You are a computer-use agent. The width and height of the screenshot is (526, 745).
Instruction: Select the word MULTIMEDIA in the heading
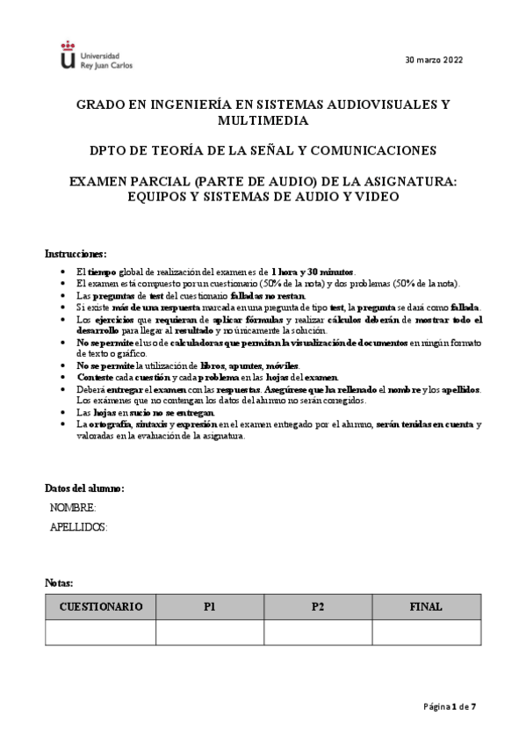(x=263, y=119)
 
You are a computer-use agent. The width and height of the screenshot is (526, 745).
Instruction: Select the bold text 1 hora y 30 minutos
(x=313, y=271)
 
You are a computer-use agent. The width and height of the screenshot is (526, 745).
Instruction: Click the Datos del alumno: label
(x=84, y=488)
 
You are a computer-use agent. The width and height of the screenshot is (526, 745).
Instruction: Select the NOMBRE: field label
(x=73, y=508)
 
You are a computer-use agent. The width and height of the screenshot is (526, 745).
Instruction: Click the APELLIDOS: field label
(x=78, y=526)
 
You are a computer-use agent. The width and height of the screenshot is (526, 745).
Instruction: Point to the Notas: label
(x=60, y=582)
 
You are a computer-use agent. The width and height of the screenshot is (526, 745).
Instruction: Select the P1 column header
(x=210, y=606)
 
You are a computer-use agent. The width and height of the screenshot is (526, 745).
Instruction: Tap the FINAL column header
(x=426, y=606)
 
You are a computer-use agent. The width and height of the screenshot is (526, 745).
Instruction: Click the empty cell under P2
(x=318, y=632)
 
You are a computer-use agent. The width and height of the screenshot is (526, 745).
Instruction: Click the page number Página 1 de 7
(x=450, y=705)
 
